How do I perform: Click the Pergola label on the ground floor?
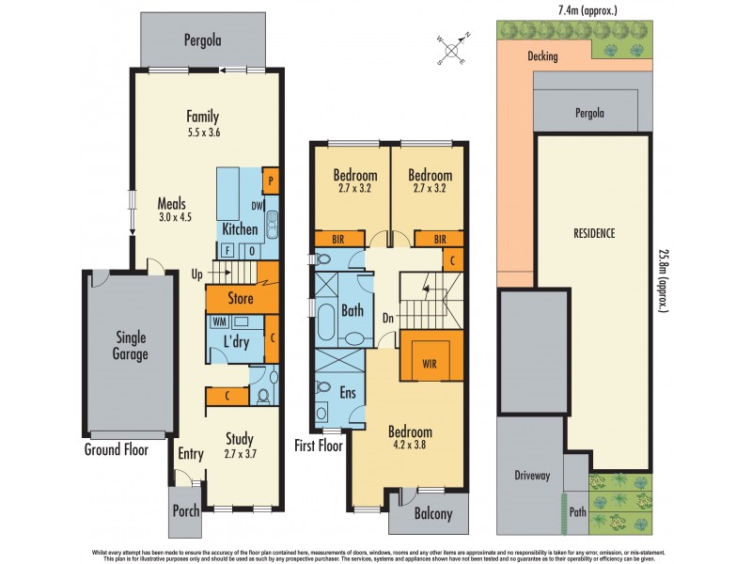(203, 40)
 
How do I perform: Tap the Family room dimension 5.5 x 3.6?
(202, 133)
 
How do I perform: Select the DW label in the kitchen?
(256, 207)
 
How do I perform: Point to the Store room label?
(242, 300)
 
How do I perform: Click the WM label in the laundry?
(218, 321)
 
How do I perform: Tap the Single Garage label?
(132, 346)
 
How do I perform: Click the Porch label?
(185, 512)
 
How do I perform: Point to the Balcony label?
(432, 514)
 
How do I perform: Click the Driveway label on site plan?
(531, 476)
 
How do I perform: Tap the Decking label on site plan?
(542, 56)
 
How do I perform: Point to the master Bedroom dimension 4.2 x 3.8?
(410, 447)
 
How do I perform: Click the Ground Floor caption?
(117, 450)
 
